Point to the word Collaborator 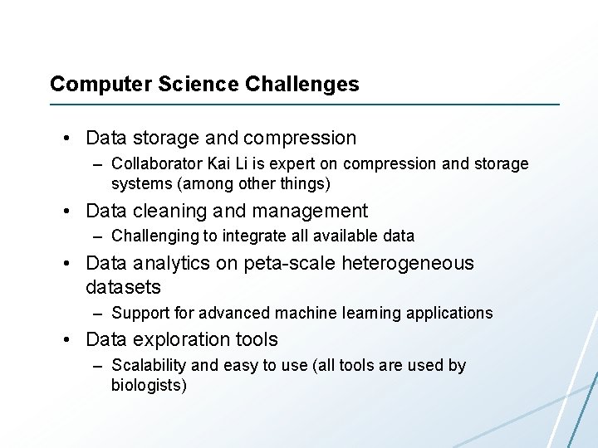[153, 163]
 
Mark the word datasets [123, 288]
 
